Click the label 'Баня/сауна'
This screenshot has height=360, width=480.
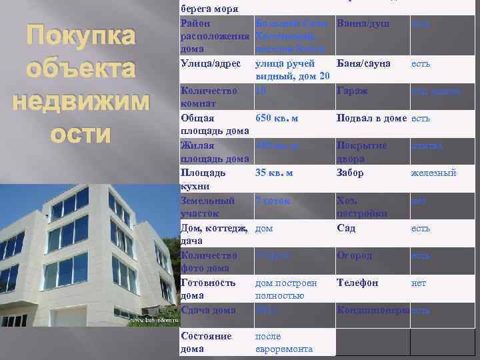(366, 63)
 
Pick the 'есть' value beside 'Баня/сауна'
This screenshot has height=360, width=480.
(421, 63)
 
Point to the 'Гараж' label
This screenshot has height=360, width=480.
(352, 91)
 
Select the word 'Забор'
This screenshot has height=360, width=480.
(351, 173)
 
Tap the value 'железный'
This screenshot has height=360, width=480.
(433, 173)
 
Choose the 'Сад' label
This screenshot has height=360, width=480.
(347, 228)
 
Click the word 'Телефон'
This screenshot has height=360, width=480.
(357, 283)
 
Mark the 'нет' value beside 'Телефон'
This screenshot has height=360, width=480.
(419, 283)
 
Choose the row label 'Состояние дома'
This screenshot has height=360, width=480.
(206, 343)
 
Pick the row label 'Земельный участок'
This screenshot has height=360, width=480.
(208, 207)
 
